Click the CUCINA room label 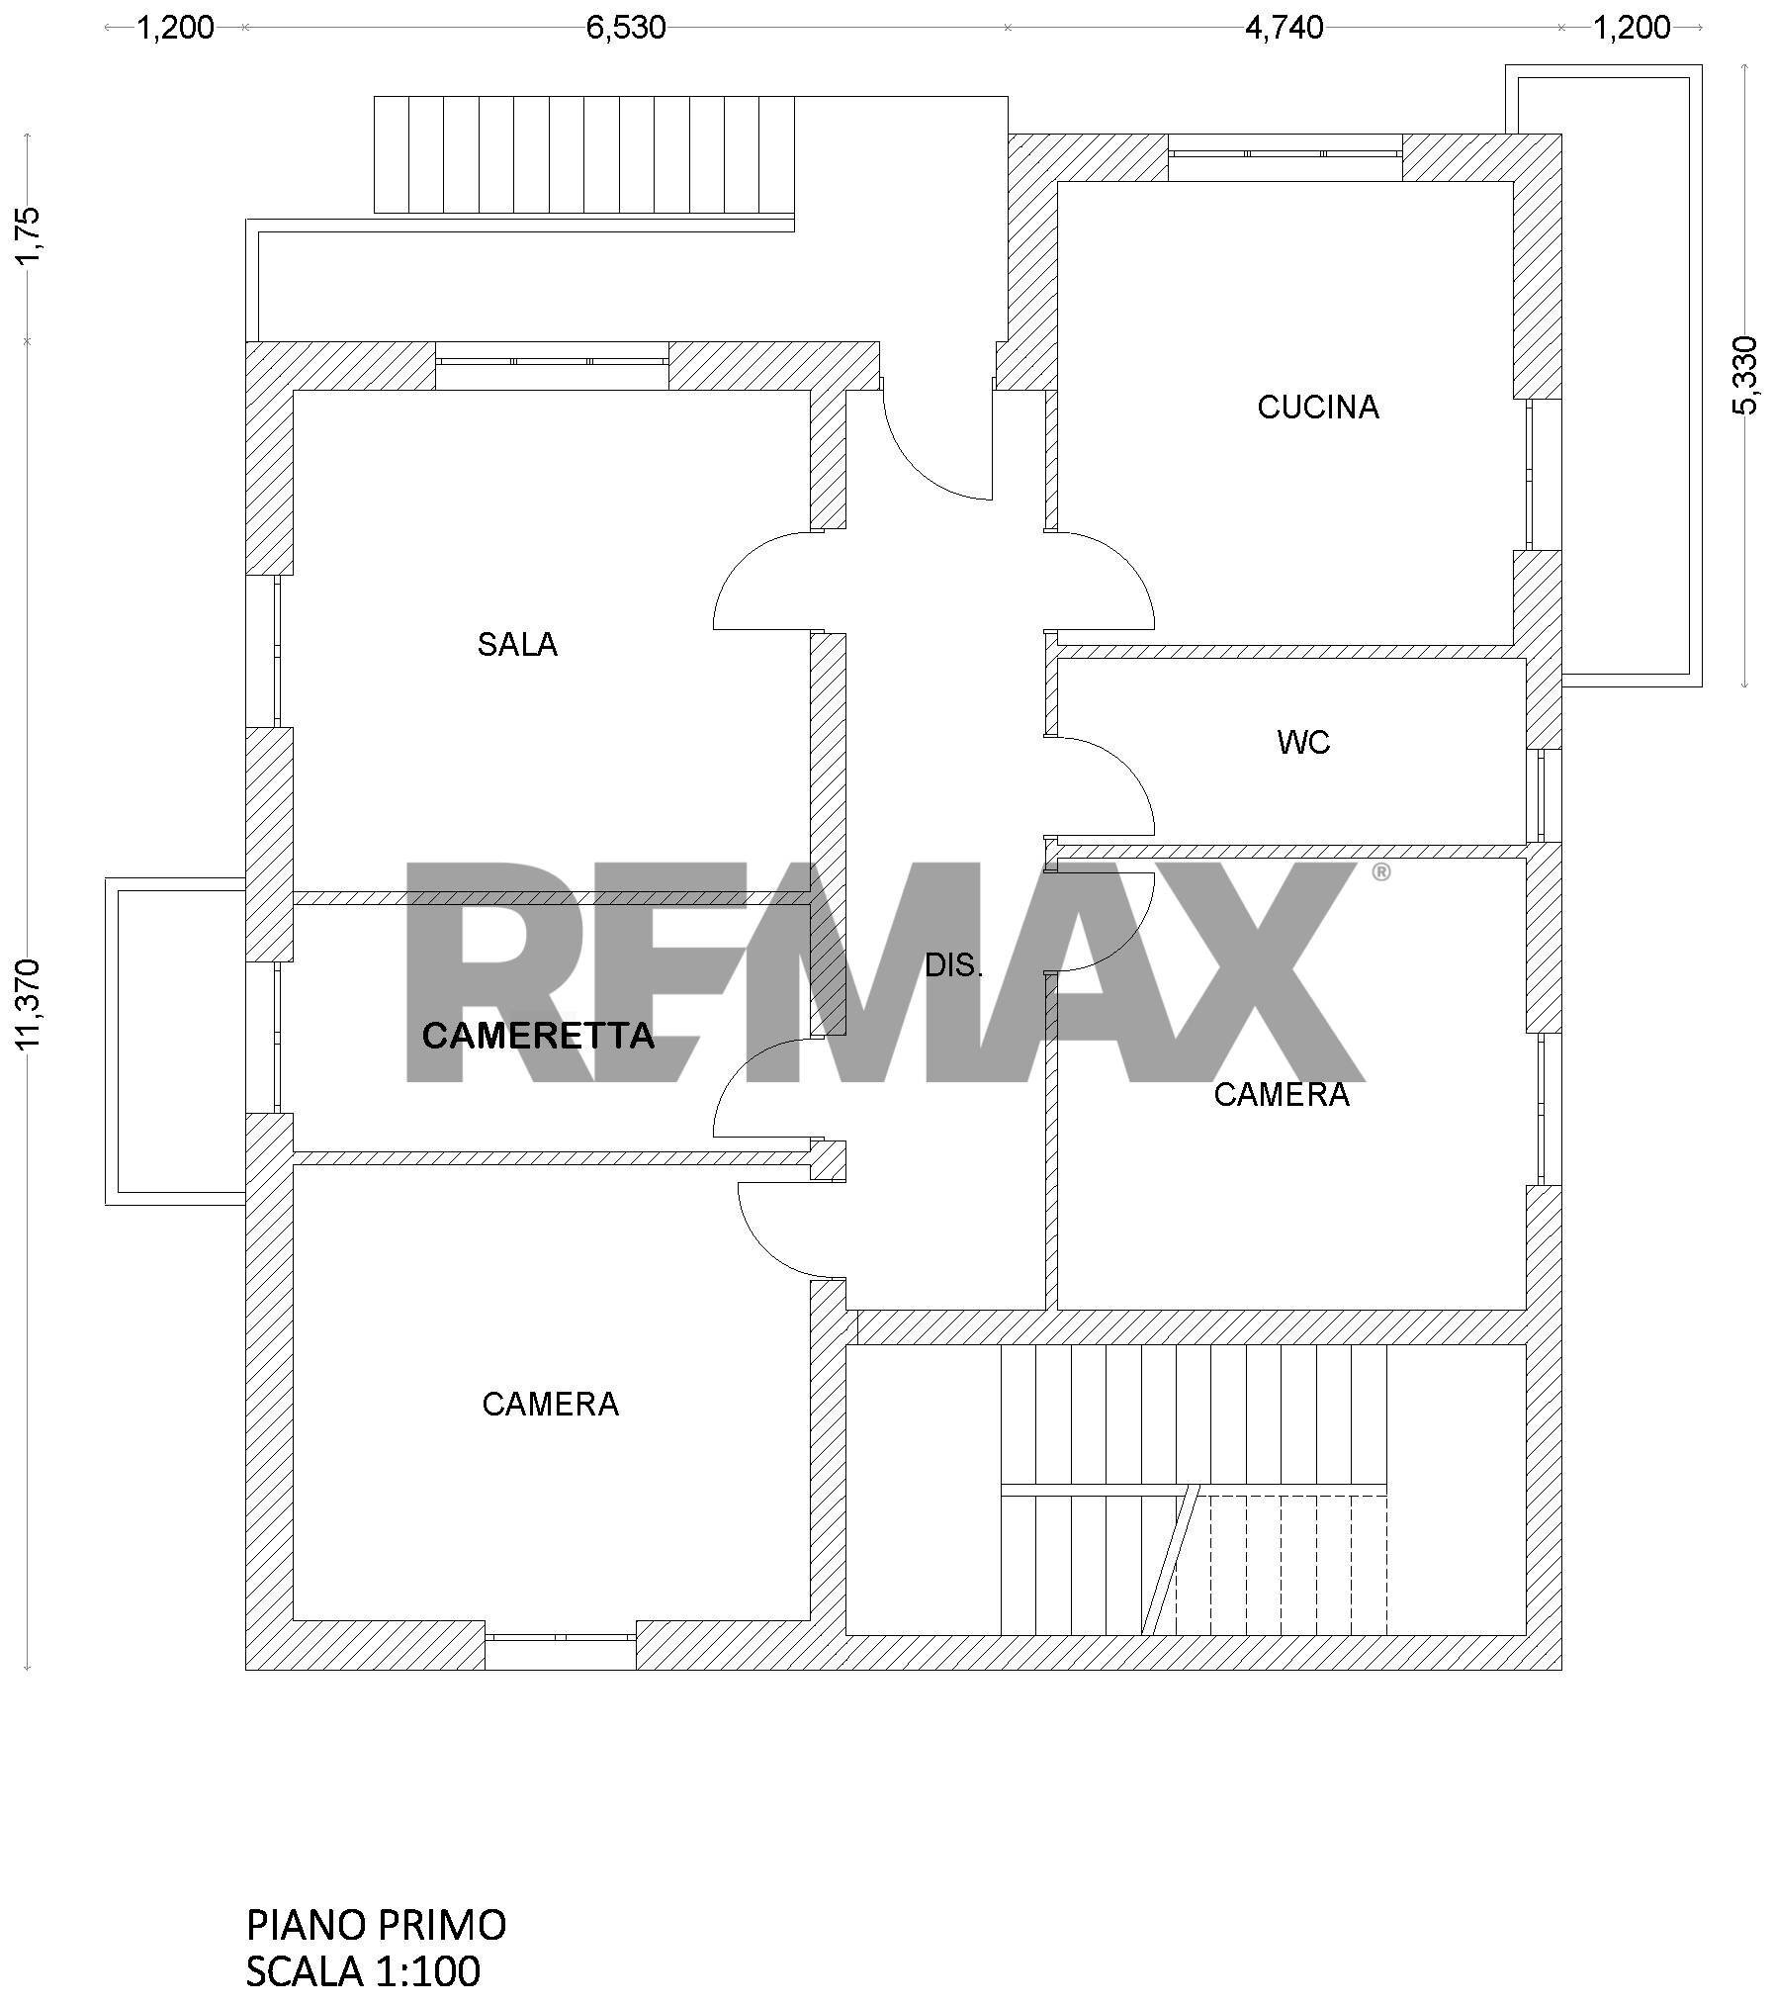(1317, 408)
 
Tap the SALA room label (517, 645)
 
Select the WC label (1303, 742)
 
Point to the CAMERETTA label (538, 1036)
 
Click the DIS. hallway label (953, 965)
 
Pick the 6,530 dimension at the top (626, 28)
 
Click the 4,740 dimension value (1284, 28)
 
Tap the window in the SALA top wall (552, 361)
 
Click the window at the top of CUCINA (1285, 153)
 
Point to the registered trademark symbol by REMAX (1381, 871)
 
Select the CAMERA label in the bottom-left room (551, 1405)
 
